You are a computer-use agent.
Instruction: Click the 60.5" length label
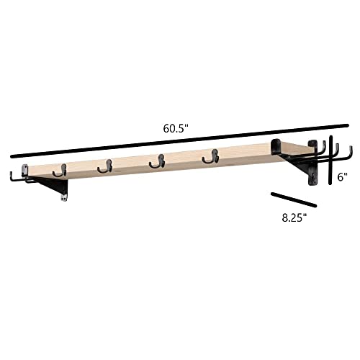(175, 129)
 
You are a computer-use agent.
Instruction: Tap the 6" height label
(342, 177)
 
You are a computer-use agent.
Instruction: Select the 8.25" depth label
(294, 218)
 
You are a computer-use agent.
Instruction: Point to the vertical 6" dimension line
(330, 160)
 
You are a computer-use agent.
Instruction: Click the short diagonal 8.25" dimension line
(294, 199)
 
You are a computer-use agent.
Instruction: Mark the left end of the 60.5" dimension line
(12, 157)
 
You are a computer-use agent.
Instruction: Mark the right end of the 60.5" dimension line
(347, 125)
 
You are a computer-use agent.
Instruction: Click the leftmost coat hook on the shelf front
(60, 171)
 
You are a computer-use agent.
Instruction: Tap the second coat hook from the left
(105, 166)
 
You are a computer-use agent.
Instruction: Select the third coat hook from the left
(157, 161)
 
